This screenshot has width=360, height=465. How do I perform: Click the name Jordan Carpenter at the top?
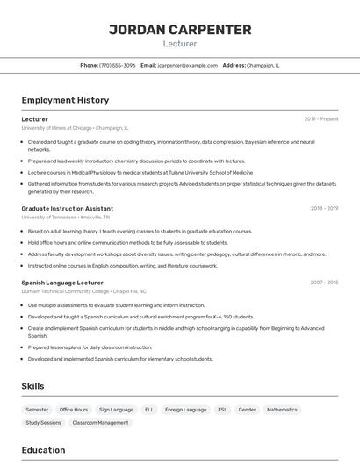pos(180,30)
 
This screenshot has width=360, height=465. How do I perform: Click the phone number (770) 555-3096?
pos(118,65)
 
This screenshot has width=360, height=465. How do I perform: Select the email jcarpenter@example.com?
pos(187,65)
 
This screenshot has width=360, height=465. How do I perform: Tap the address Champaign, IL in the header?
pos(263,65)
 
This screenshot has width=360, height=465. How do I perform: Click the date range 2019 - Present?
pos(321,118)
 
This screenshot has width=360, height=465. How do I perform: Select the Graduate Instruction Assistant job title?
pos(68,208)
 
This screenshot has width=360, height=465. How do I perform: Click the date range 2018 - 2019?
pos(324,208)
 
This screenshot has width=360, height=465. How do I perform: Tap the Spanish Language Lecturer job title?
pos(62,283)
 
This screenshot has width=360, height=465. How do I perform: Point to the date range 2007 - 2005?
pos(323,283)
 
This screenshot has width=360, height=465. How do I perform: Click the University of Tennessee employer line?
pos(66,217)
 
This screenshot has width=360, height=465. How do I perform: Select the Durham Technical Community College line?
pos(83,290)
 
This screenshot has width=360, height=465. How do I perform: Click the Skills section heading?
pos(32,386)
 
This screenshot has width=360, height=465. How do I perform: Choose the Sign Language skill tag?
pos(116,410)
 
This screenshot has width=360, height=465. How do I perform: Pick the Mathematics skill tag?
pos(282,410)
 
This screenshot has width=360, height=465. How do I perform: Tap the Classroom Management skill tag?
pos(100,423)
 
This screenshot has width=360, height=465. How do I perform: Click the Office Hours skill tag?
pos(74,410)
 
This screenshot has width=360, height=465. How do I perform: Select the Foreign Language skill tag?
pos(186,410)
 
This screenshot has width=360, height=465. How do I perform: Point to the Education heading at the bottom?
pos(44,450)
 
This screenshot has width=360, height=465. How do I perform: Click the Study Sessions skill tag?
pos(44,423)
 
